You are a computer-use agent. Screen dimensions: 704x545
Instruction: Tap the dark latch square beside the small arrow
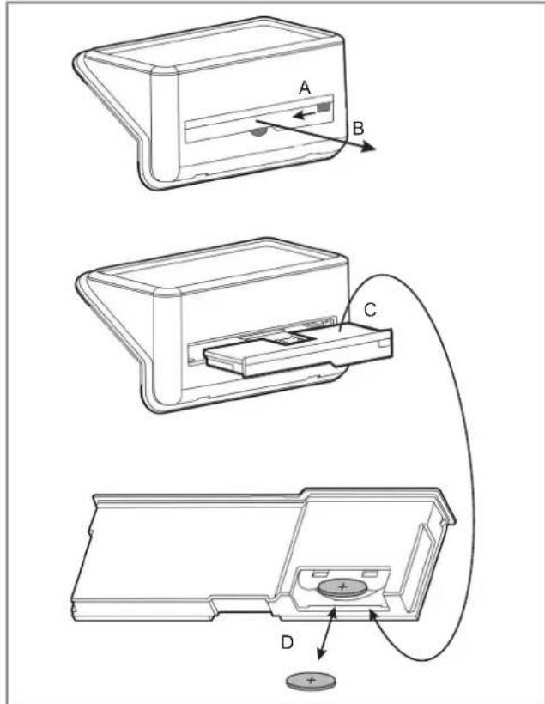coord(324,108)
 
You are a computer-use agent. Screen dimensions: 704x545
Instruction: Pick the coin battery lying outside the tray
coord(311,682)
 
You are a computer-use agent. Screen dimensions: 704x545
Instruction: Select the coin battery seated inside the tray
coord(342,589)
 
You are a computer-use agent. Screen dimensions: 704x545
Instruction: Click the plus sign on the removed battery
coord(311,680)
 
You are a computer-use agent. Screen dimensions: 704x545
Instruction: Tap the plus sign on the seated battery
coord(342,588)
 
